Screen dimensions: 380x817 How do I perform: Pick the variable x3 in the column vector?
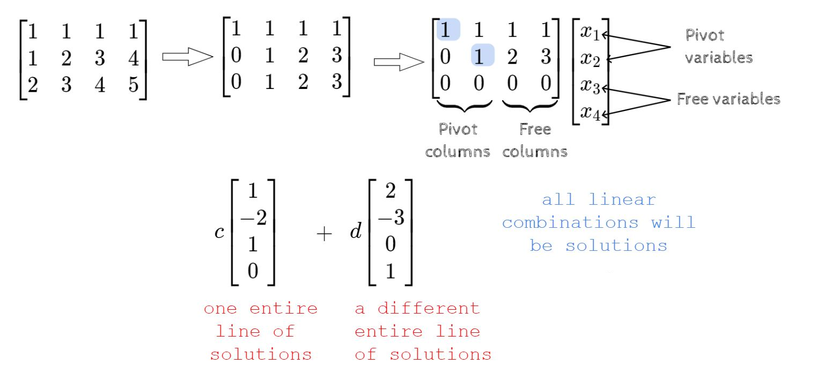pyautogui.click(x=590, y=86)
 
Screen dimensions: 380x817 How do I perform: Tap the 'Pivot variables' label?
pyautogui.click(x=718, y=47)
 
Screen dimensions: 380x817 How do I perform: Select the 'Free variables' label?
pyautogui.click(x=728, y=99)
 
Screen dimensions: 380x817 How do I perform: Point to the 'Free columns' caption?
pyautogui.click(x=534, y=140)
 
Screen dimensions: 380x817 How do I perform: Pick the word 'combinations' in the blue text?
pyautogui.click(x=570, y=222)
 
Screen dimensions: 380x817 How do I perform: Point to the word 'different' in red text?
pyautogui.click(x=428, y=309)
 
